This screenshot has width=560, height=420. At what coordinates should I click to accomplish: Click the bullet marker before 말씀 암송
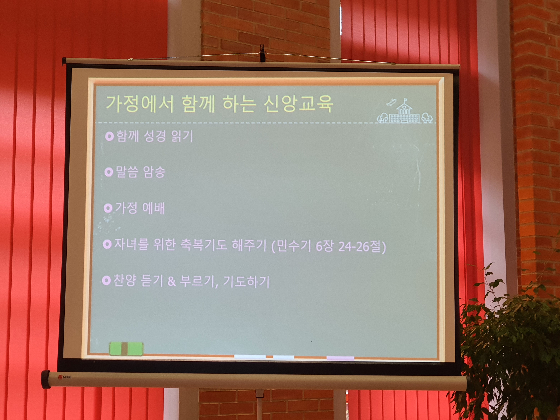pos(109,172)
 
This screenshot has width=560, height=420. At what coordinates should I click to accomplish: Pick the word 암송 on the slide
pos(154,172)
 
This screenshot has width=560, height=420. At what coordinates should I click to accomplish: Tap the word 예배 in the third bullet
pos(153,208)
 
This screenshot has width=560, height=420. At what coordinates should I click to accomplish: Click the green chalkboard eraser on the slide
pos(126,349)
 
